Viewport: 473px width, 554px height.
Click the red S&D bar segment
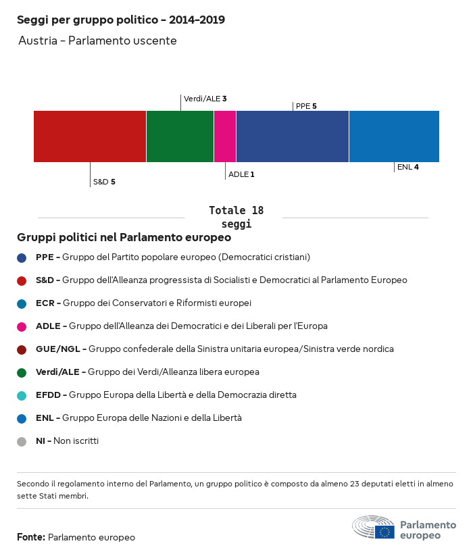click(90, 136)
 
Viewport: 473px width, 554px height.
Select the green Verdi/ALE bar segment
click(180, 136)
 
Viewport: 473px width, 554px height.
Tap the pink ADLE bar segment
click(225, 136)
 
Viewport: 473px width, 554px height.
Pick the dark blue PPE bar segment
click(293, 136)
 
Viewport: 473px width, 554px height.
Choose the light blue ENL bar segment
click(394, 136)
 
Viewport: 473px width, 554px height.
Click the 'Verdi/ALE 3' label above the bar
click(205, 99)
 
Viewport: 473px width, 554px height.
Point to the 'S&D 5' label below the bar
click(104, 182)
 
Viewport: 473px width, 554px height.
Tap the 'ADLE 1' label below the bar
click(241, 174)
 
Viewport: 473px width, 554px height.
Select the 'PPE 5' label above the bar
click(306, 106)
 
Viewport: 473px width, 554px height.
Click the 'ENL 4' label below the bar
click(407, 167)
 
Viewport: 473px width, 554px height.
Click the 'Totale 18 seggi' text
click(236, 217)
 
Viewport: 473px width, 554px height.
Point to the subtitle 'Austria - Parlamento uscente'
click(97, 41)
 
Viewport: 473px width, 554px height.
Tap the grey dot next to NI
click(22, 441)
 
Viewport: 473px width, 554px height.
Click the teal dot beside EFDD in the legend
click(22, 395)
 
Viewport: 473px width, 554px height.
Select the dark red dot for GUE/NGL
click(22, 349)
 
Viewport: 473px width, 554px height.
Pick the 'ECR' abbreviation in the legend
click(46, 303)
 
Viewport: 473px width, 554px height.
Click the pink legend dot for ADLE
click(22, 326)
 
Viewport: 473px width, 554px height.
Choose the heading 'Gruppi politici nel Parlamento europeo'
click(124, 238)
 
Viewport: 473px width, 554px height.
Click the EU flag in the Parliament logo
click(385, 532)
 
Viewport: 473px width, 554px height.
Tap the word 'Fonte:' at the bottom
click(31, 537)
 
